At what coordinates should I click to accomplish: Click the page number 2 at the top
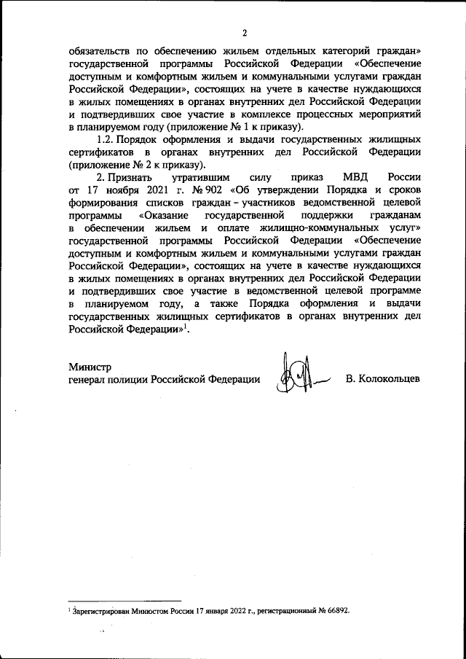[245, 32]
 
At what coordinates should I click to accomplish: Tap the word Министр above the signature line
[90, 365]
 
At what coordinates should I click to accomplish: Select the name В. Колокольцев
[382, 379]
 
